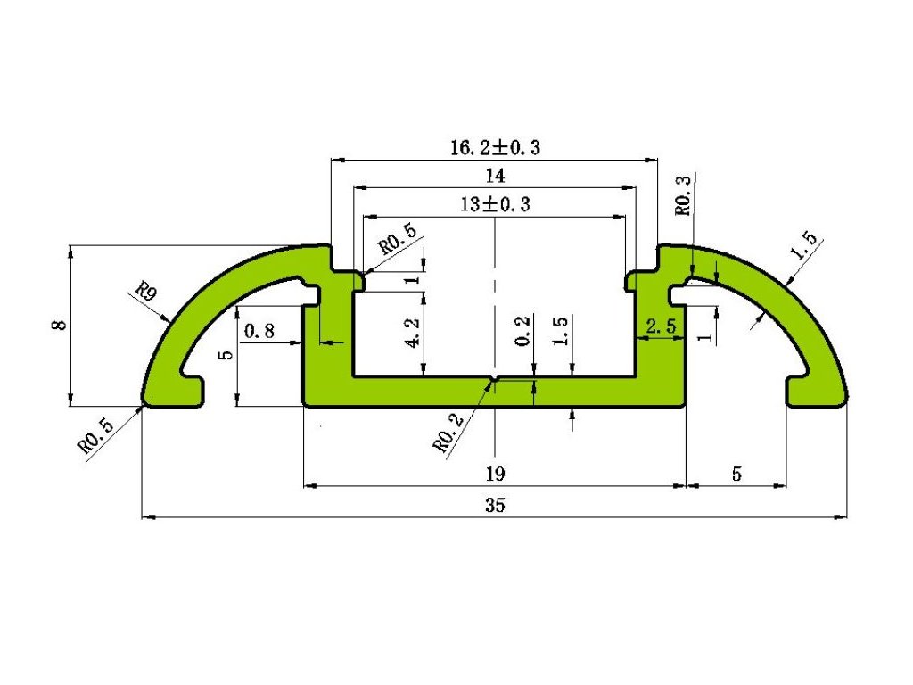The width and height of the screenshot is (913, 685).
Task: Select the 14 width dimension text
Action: (x=494, y=176)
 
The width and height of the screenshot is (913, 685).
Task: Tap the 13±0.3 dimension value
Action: (x=495, y=204)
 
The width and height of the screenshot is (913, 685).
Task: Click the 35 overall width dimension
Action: (x=495, y=505)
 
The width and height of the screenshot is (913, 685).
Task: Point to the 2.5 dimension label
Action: (x=661, y=327)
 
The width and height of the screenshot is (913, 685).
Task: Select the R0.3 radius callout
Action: (x=684, y=195)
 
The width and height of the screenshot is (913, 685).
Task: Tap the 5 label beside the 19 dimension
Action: (x=736, y=474)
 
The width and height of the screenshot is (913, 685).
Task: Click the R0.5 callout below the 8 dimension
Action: (x=95, y=436)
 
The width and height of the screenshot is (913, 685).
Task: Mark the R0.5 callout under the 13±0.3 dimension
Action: (x=397, y=241)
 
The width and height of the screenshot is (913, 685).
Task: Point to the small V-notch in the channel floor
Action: (x=494, y=381)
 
